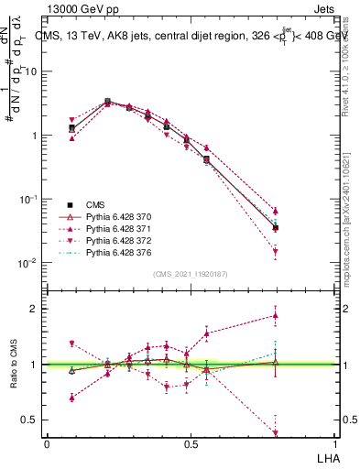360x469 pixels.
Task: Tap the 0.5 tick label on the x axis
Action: coord(191,444)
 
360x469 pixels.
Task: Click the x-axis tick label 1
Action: coord(335,444)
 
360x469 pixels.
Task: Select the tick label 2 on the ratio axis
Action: coord(37,309)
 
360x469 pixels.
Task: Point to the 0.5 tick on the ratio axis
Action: coord(31,420)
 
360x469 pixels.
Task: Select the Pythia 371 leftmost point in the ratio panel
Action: coord(72,398)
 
